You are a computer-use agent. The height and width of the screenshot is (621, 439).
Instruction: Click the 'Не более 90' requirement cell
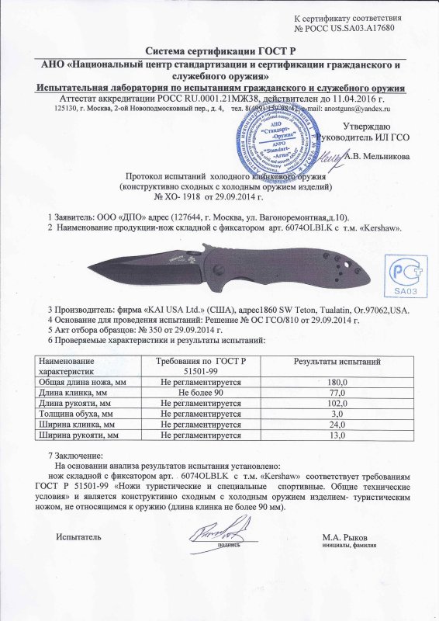pyautogui.click(x=197, y=394)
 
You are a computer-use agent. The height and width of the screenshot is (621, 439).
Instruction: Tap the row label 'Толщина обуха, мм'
pyautogui.click(x=76, y=415)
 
